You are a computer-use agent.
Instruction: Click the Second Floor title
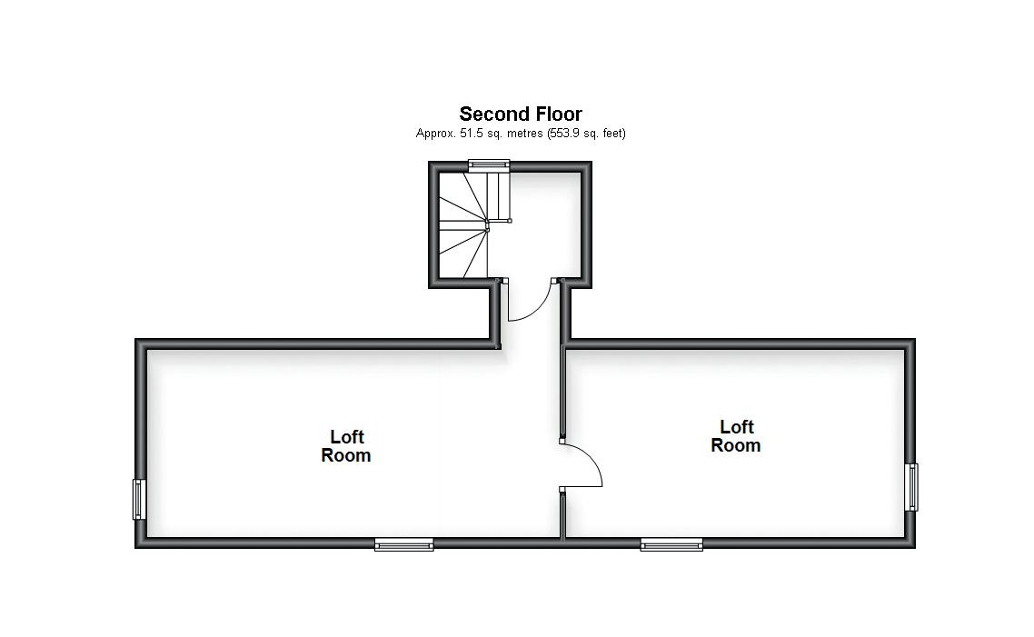(x=520, y=114)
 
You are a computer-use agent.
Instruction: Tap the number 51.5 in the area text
(x=466, y=134)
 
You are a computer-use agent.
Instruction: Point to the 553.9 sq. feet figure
(x=566, y=134)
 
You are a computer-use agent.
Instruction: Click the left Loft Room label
(x=346, y=446)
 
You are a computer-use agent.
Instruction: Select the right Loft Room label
(x=736, y=436)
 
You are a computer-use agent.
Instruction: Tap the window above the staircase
(x=489, y=164)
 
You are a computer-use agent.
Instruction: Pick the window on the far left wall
(x=139, y=499)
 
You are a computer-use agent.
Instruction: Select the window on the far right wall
(x=911, y=487)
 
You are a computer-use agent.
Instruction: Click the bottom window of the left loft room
(x=404, y=545)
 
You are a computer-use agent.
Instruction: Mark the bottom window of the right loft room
(x=671, y=545)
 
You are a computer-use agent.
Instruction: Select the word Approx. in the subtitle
(x=432, y=134)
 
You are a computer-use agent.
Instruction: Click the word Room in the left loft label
(x=346, y=455)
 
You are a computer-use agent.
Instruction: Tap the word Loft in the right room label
(x=736, y=426)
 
